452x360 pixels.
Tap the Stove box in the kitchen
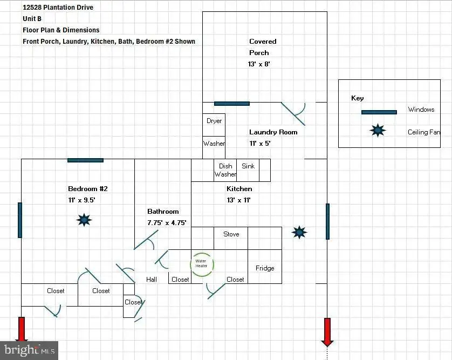click(x=231, y=238)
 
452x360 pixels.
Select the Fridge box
click(x=265, y=267)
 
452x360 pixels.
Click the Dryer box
click(x=214, y=125)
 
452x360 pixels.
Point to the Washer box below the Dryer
click(x=214, y=147)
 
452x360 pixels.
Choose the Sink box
click(x=248, y=170)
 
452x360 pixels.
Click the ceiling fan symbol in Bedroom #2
click(x=84, y=220)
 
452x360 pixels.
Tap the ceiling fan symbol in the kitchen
click(x=299, y=233)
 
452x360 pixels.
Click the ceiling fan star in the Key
click(x=378, y=131)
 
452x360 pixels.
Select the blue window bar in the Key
click(x=379, y=112)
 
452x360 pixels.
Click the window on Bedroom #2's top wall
click(x=85, y=160)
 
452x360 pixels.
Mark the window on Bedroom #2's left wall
click(x=20, y=220)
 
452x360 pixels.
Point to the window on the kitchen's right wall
click(x=327, y=221)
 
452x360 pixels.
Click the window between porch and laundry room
click(x=232, y=104)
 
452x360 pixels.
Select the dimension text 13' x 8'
click(x=259, y=64)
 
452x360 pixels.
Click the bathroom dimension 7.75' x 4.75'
click(x=167, y=223)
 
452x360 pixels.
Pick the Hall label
click(x=152, y=279)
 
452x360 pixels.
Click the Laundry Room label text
click(x=273, y=132)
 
